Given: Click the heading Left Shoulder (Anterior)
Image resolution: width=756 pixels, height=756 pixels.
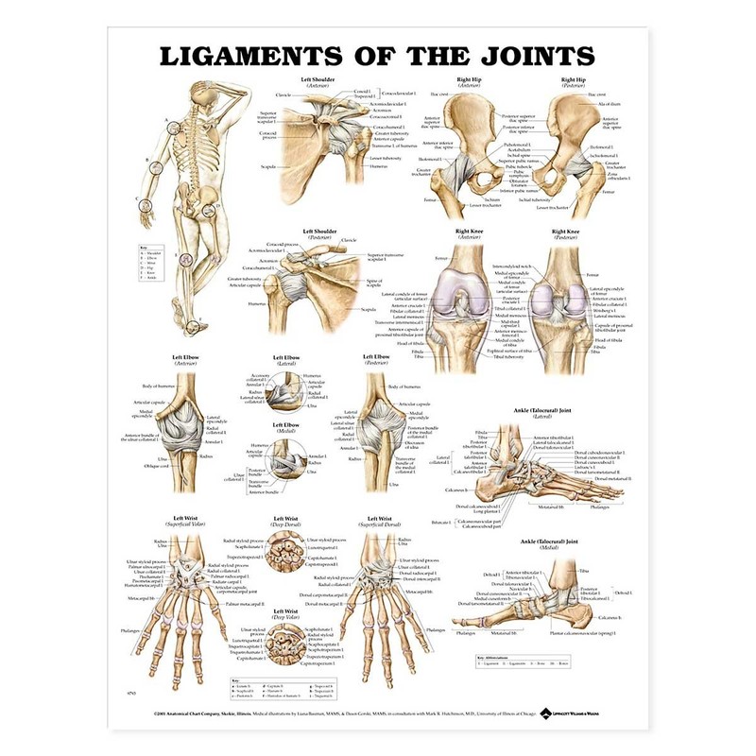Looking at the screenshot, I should coord(318,83).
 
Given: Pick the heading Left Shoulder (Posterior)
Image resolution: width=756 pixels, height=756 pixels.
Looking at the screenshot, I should coord(318,233).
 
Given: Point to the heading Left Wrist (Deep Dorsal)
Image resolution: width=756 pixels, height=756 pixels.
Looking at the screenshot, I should coord(286,522).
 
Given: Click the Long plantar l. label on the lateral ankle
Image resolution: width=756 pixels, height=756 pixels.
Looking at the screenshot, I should coord(488,512).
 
